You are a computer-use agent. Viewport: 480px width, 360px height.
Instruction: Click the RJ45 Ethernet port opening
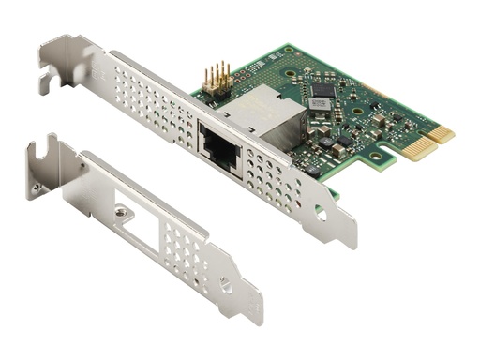[x=220, y=144]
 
